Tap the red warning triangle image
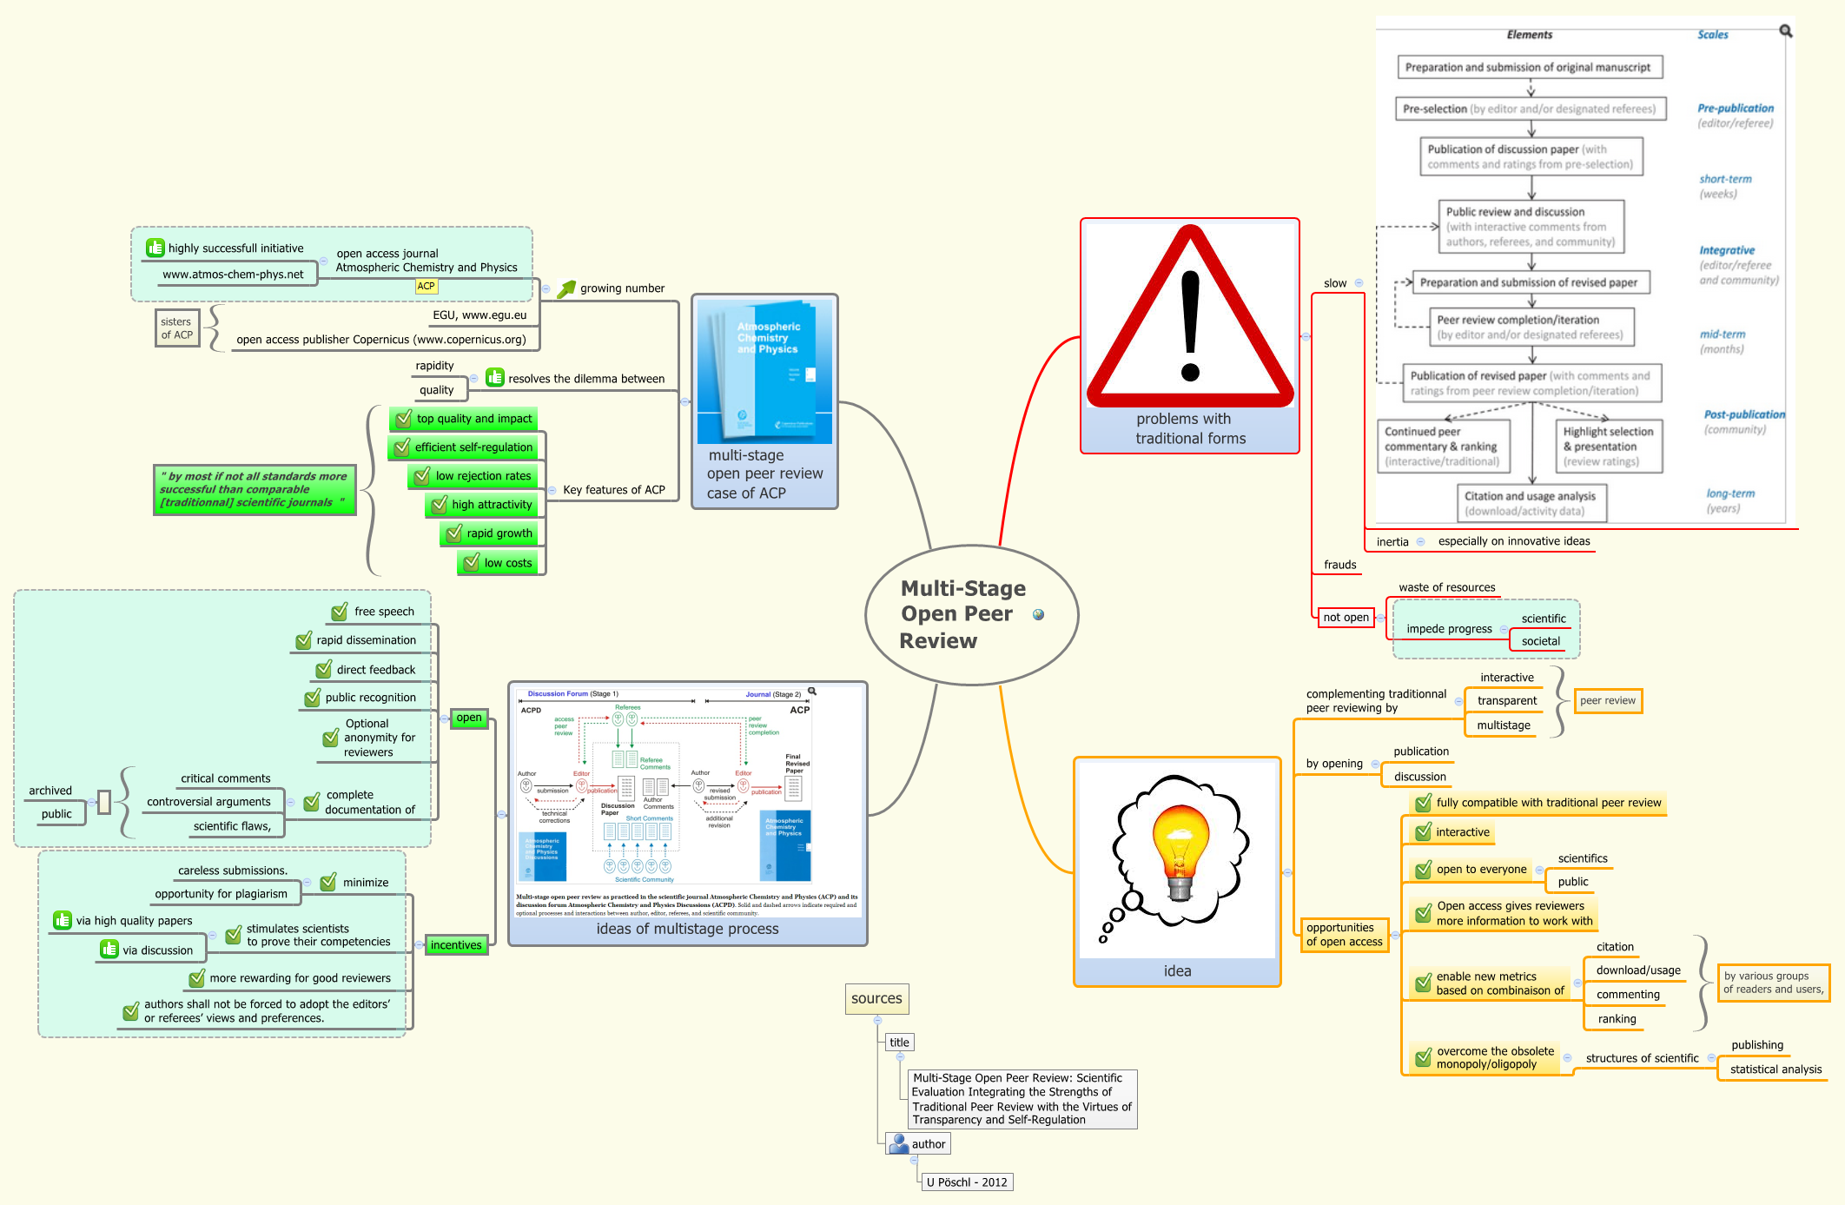1189,317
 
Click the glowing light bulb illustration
1179,856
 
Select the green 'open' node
469,718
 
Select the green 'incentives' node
456,945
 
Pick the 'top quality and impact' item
464,419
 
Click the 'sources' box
876,999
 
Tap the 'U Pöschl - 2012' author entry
966,1182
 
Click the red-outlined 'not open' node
1346,618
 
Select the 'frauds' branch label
1339,565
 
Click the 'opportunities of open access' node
1344,935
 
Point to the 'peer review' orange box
1607,701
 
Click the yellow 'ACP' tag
426,286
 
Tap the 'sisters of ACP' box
177,328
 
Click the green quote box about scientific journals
255,490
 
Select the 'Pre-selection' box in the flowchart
1530,109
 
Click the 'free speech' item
383,612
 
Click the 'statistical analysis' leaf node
1775,1069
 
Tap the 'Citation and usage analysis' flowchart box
1531,503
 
